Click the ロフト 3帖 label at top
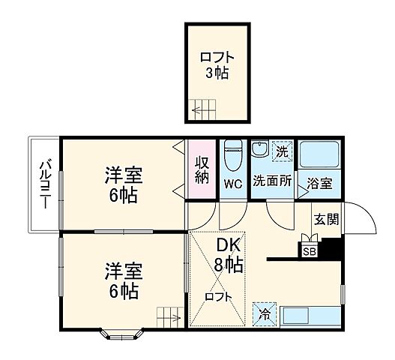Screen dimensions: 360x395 tap(215, 64)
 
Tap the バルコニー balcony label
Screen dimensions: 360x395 tap(45, 184)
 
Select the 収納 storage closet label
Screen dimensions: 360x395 tap(202, 169)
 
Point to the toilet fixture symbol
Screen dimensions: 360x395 tap(233, 155)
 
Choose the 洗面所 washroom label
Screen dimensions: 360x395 tap(271, 181)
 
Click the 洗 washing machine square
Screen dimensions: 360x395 tap(281, 150)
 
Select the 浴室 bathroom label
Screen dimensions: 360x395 tap(319, 182)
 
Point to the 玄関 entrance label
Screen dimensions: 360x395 tap(326, 220)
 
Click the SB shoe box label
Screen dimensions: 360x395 tap(310, 251)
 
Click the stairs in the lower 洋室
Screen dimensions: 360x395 tap(168, 317)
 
